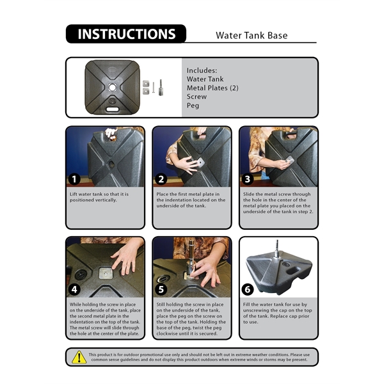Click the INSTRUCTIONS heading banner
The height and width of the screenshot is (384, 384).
(126, 34)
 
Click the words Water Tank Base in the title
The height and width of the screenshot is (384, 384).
(252, 35)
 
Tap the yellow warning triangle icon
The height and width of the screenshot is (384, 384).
(79, 357)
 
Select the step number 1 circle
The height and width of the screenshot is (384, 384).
(74, 179)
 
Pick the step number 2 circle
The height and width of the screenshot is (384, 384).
(161, 179)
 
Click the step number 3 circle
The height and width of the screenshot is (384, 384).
(248, 179)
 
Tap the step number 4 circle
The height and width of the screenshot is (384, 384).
(74, 289)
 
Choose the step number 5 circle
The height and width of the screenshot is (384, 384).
(161, 289)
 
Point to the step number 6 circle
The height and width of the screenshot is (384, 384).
(248, 289)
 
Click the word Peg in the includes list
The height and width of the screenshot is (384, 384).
(193, 106)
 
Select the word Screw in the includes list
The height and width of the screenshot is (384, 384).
(196, 97)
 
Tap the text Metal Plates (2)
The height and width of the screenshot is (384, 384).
(212, 88)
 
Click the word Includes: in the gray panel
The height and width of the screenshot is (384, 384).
(202, 70)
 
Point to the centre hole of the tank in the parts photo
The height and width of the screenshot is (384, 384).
(112, 87)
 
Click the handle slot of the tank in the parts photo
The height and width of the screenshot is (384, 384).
(113, 109)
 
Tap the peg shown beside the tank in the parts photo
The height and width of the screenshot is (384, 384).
(161, 88)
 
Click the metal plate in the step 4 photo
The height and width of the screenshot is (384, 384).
(106, 273)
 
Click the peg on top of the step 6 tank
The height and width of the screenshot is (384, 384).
(277, 249)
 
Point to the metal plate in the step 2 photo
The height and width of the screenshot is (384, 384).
(200, 162)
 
